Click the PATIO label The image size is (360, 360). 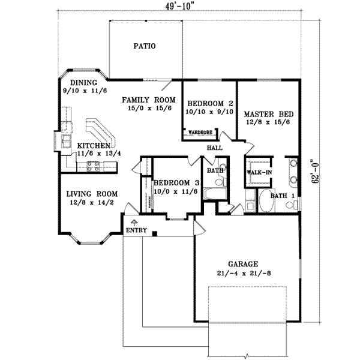[x=144, y=46]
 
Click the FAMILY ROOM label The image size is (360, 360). [x=148, y=100]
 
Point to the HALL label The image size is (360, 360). [x=214, y=146]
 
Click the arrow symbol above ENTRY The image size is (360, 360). [x=133, y=222]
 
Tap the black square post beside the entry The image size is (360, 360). [x=155, y=233]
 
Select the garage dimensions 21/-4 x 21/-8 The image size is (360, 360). [x=242, y=272]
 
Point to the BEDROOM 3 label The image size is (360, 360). [x=176, y=183]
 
